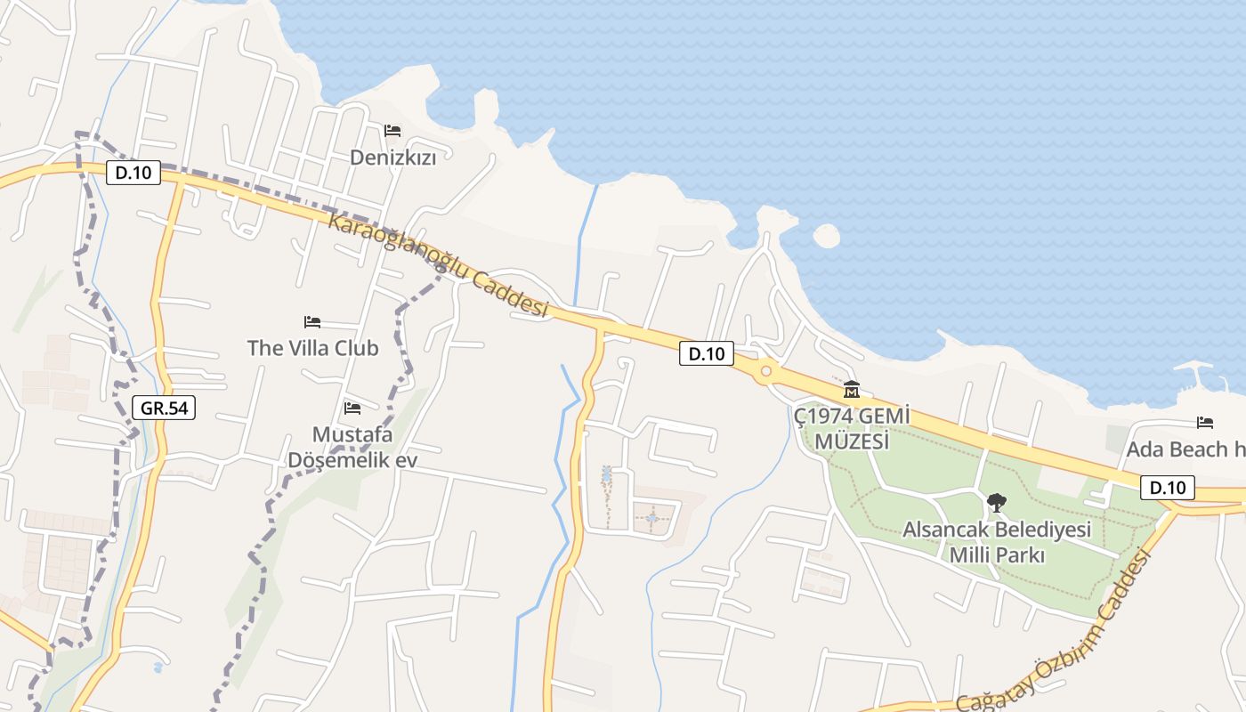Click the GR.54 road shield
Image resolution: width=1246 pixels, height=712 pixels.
tap(165, 408)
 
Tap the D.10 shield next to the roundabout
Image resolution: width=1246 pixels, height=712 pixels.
tap(707, 353)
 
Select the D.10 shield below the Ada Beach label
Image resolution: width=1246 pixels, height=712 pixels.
tap(1167, 488)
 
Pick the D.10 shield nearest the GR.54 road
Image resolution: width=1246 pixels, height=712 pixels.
tap(133, 173)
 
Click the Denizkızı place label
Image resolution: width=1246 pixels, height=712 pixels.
tap(392, 158)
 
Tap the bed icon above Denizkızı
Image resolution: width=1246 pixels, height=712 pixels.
tap(392, 131)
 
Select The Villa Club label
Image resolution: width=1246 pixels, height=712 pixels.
tap(312, 348)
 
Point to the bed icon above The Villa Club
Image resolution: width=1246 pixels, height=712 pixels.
tap(312, 321)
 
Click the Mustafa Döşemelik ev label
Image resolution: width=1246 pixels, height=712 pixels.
tap(352, 448)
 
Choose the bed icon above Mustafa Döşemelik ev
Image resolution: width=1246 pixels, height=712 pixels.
tap(352, 409)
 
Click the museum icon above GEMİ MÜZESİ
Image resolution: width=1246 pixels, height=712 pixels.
tap(852, 390)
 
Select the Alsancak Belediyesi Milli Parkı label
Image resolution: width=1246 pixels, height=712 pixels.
tap(997, 542)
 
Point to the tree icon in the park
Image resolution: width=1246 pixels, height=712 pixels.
tap(997, 503)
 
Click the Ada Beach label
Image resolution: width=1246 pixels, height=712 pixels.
tap(1185, 449)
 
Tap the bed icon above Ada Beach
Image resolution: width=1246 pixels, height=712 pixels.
tap(1205, 422)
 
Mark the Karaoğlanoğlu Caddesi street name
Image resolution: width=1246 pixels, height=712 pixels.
tap(437, 264)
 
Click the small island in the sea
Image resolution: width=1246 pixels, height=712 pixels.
tap(826, 236)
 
